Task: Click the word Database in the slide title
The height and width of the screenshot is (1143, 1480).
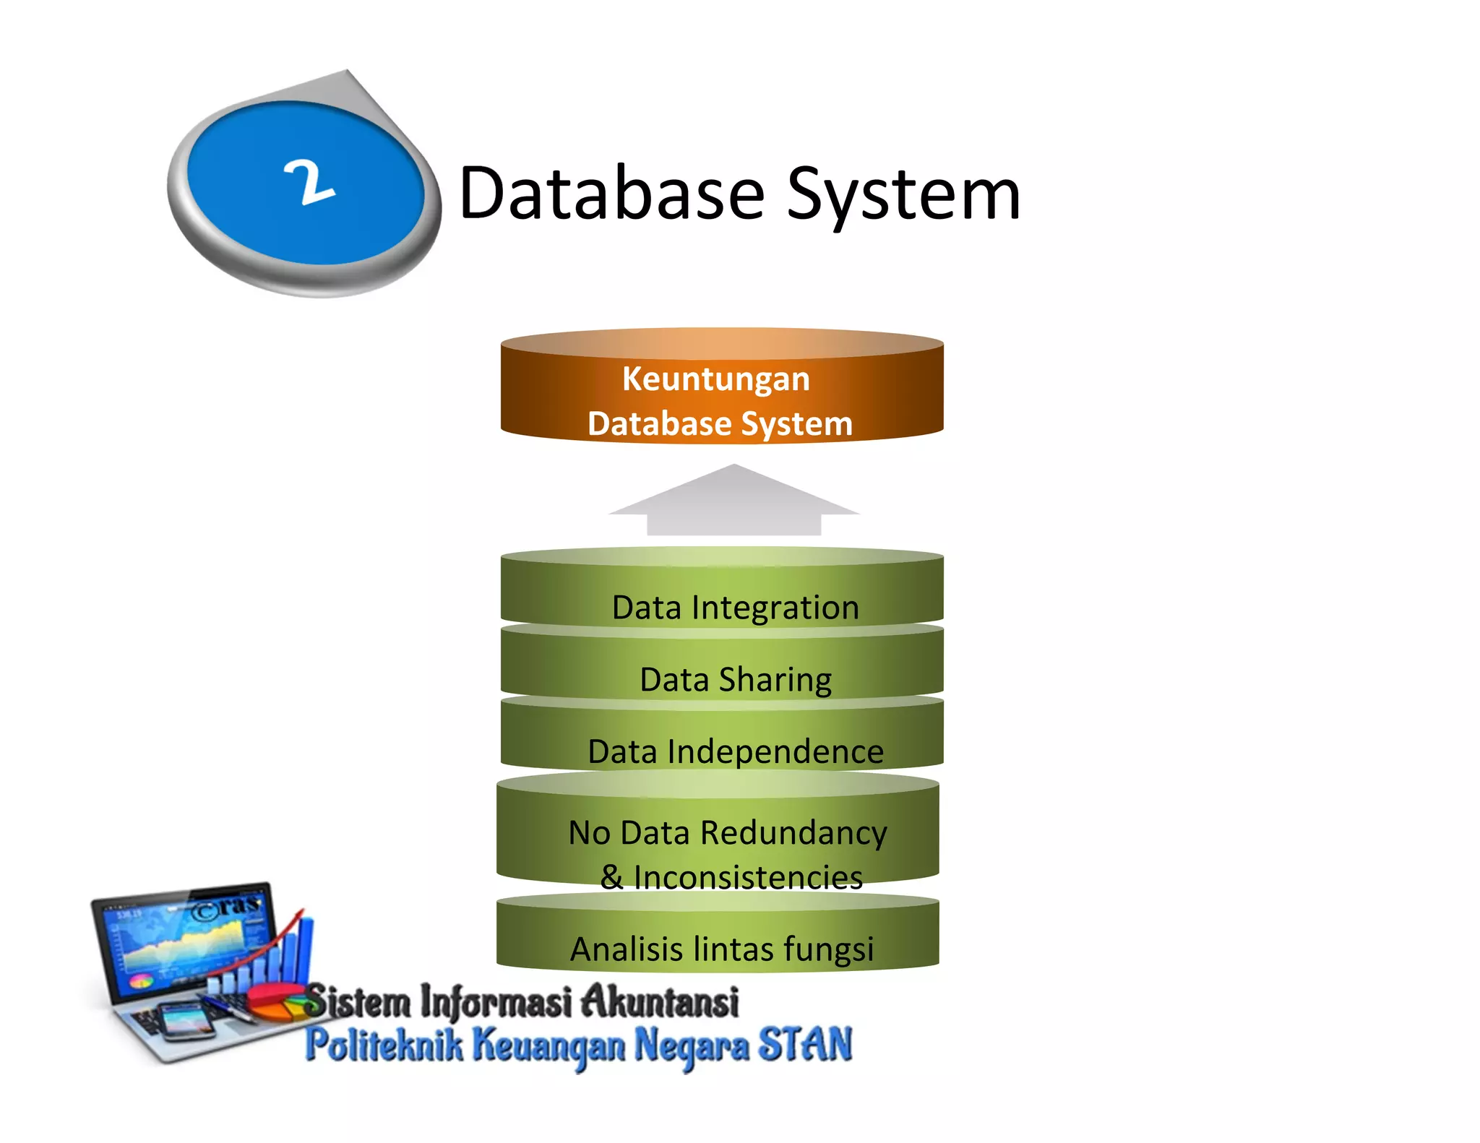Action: click(x=611, y=193)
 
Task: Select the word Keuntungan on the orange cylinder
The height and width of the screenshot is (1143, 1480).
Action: click(x=715, y=379)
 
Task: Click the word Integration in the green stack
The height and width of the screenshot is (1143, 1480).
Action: click(x=775, y=607)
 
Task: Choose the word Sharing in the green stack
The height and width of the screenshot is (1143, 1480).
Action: click(x=775, y=680)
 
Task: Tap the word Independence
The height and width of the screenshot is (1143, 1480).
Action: click(x=775, y=751)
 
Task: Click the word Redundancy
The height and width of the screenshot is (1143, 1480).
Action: click(x=793, y=833)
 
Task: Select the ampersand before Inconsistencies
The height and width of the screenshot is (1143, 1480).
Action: click(x=611, y=877)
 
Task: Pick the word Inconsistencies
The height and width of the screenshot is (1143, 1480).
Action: click(x=748, y=877)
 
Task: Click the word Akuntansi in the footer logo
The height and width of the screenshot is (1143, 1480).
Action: click(x=660, y=1001)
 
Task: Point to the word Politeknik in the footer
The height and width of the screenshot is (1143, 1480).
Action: click(x=384, y=1045)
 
